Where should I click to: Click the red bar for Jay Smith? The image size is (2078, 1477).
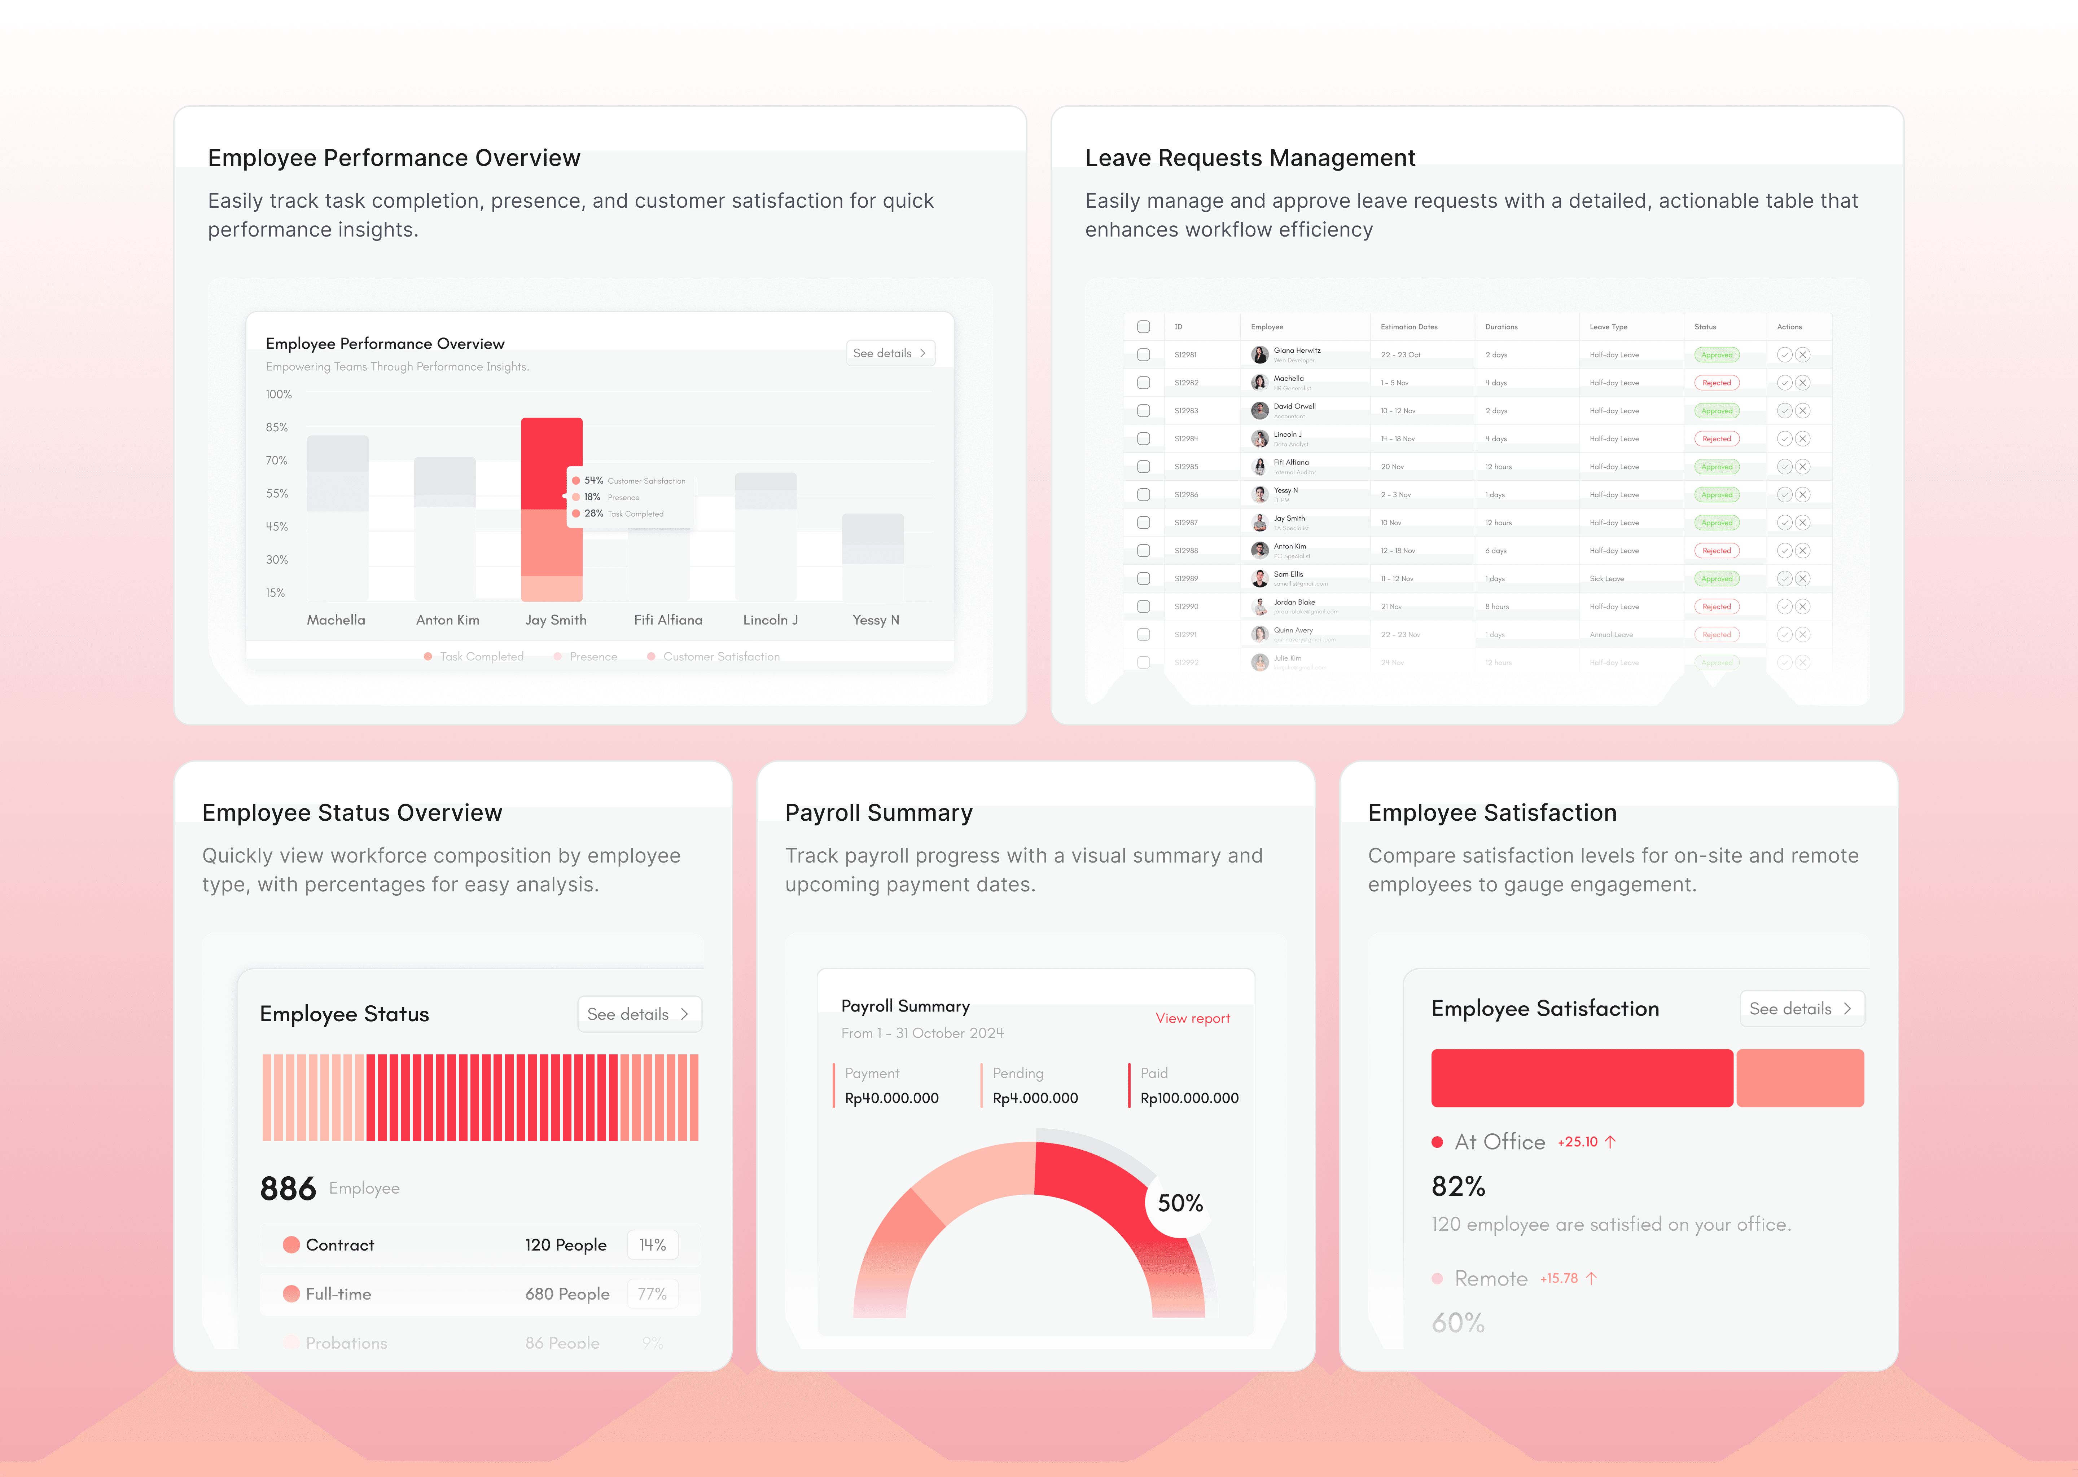[x=551, y=464]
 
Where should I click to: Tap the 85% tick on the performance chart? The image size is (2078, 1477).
[x=277, y=427]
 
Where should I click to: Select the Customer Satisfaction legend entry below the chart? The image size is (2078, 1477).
[x=720, y=657]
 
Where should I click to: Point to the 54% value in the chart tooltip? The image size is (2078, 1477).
[x=593, y=480]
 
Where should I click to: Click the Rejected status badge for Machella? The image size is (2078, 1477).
[x=1716, y=383]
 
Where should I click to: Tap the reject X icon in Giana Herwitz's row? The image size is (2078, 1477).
[x=1802, y=355]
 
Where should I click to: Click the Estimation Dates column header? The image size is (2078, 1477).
[x=1408, y=326]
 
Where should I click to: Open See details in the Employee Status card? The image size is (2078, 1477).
[x=638, y=1014]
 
